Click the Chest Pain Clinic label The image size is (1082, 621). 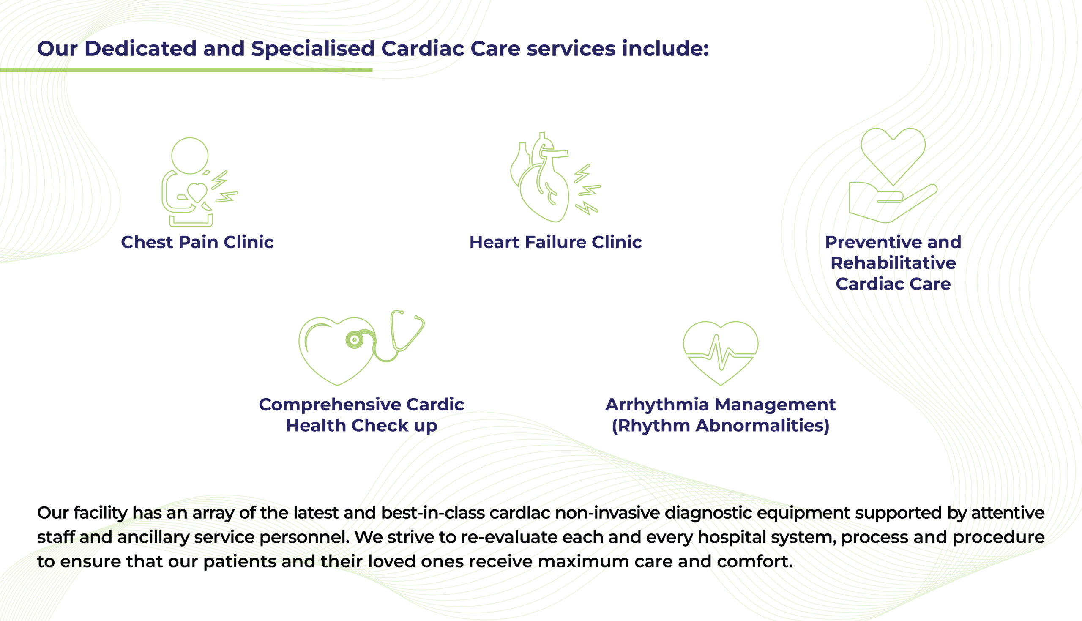pos(197,242)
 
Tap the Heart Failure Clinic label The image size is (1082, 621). pos(555,242)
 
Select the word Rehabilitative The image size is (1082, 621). pos(893,263)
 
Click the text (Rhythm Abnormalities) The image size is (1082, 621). pos(721,426)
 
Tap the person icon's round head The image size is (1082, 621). pos(190,156)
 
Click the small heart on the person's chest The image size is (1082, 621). pos(197,192)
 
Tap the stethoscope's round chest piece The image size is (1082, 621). pos(354,340)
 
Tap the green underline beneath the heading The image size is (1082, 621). pos(186,70)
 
